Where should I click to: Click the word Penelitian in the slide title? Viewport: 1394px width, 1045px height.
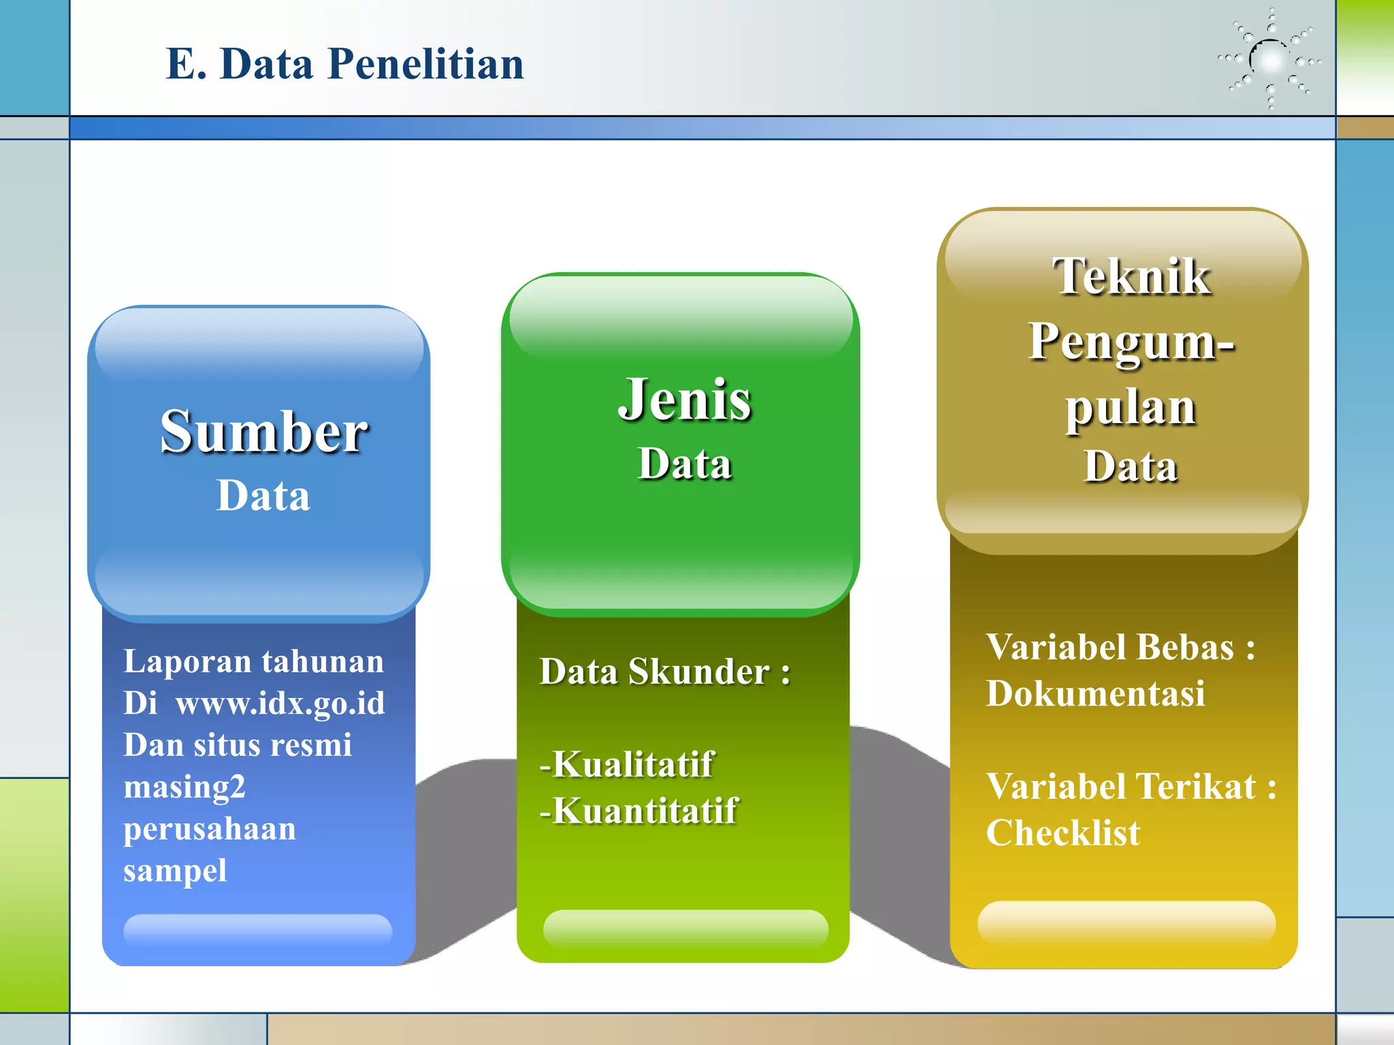click(x=425, y=64)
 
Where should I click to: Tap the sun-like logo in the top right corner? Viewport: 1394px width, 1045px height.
click(x=1270, y=60)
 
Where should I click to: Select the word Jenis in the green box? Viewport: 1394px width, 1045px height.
click(x=684, y=400)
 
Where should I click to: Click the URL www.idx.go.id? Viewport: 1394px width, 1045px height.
click(x=280, y=703)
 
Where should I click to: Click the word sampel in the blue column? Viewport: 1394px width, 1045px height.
click(x=175, y=871)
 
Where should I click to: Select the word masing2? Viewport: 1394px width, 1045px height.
click(x=184, y=787)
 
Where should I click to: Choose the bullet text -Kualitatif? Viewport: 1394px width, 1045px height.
click(x=626, y=764)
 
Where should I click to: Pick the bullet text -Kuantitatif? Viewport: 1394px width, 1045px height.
click(x=638, y=811)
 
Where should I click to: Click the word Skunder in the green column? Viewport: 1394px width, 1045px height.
click(x=699, y=672)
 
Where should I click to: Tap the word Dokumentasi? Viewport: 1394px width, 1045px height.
click(x=1095, y=694)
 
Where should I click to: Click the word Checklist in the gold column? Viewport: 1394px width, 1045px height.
click(x=1063, y=833)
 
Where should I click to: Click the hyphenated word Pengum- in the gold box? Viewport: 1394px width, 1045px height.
click(x=1131, y=342)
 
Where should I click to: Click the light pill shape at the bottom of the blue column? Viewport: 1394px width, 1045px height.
click(x=257, y=929)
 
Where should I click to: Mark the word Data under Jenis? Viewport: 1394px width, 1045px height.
click(x=684, y=464)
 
